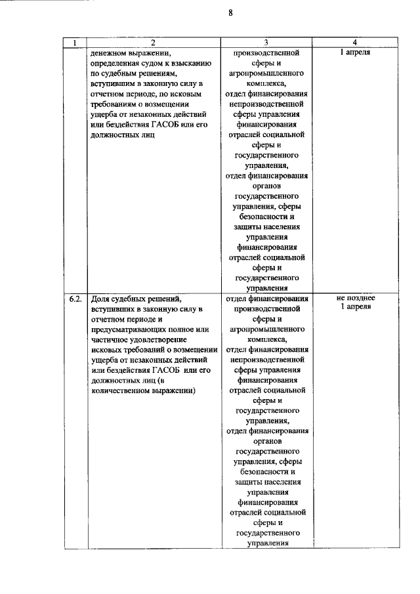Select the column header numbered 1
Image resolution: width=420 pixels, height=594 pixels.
[76, 43]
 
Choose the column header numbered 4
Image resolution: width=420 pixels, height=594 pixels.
[354, 43]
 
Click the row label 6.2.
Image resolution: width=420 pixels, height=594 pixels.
[76, 299]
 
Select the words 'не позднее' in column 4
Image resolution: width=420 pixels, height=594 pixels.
[355, 297]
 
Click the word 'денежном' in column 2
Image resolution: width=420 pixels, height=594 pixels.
[112, 53]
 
